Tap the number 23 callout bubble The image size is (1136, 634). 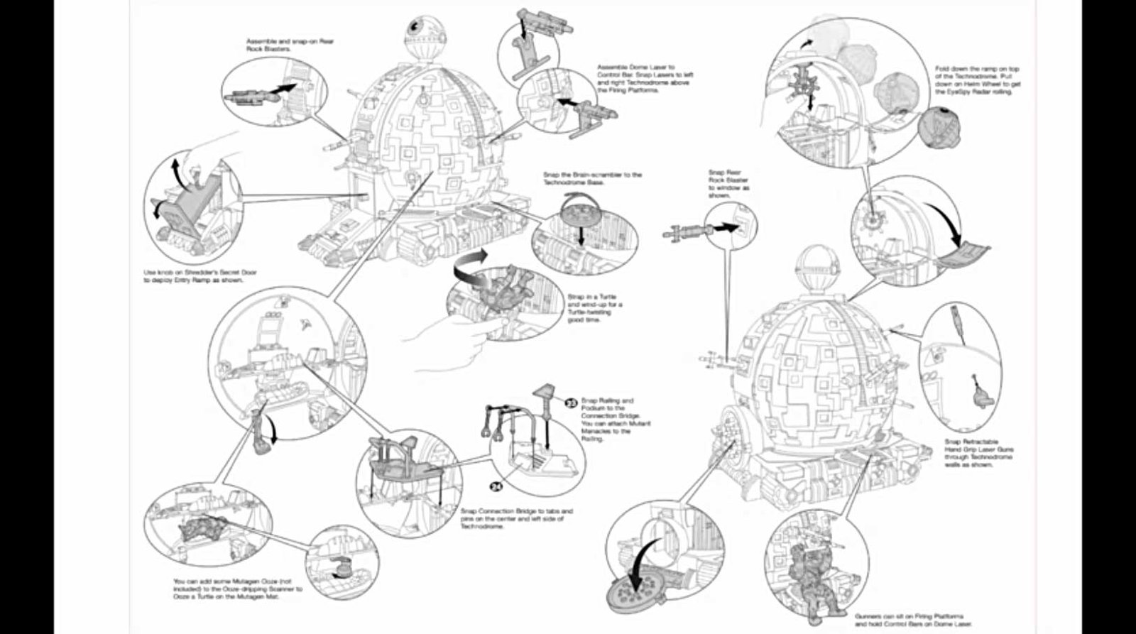click(x=570, y=403)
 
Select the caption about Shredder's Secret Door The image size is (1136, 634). click(x=200, y=275)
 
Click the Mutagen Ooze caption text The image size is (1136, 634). click(x=238, y=589)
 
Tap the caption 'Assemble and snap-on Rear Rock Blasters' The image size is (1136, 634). click(x=289, y=45)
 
